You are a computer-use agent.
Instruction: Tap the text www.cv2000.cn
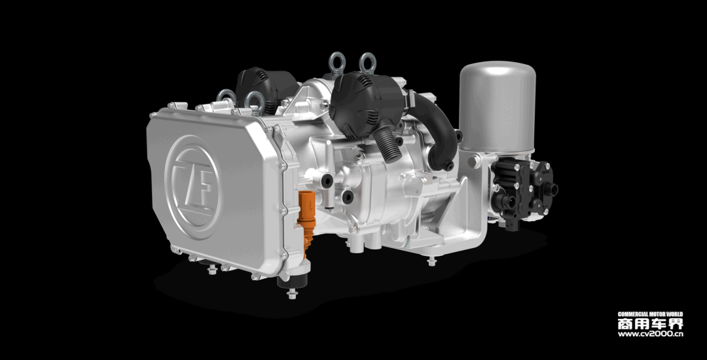point(650,334)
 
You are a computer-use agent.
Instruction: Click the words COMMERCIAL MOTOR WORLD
point(650,314)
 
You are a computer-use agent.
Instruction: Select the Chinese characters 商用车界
point(650,323)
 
